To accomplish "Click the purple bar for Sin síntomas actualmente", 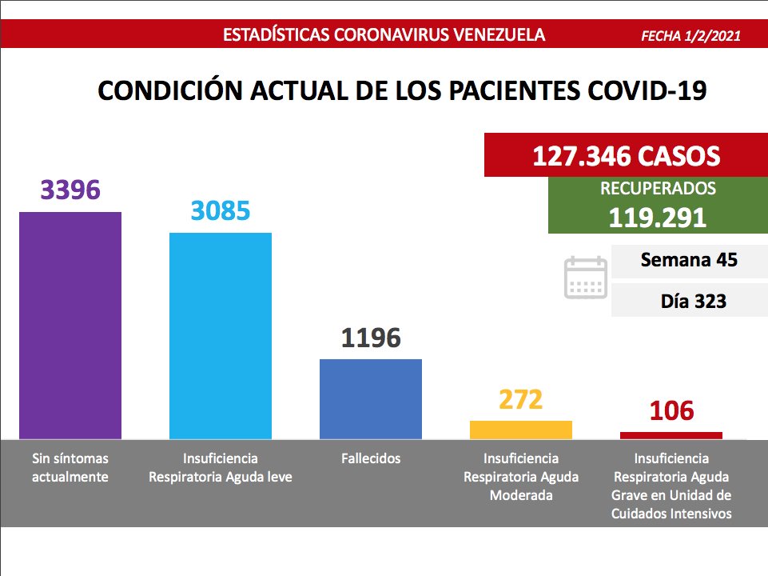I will pos(70,325).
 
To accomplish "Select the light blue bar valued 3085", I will pos(221,335).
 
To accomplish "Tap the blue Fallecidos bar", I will pos(371,398).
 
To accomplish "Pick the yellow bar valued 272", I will pos(521,430).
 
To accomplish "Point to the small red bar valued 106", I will pos(671,435).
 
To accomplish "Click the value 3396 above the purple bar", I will pos(70,190).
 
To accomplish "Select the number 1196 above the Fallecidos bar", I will pos(371,338).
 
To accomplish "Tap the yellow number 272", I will pos(521,399).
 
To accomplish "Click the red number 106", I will pos(671,411).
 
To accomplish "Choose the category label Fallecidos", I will pos(371,458).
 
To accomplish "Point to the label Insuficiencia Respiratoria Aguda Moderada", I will pos(521,477).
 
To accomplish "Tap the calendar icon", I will pos(586,278).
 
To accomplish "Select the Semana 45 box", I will pos(689,260).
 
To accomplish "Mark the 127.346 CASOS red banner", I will pos(626,156).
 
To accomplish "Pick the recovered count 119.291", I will pos(657,218).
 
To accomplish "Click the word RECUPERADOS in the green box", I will pos(658,190).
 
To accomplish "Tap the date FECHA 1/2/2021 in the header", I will pos(690,36).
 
